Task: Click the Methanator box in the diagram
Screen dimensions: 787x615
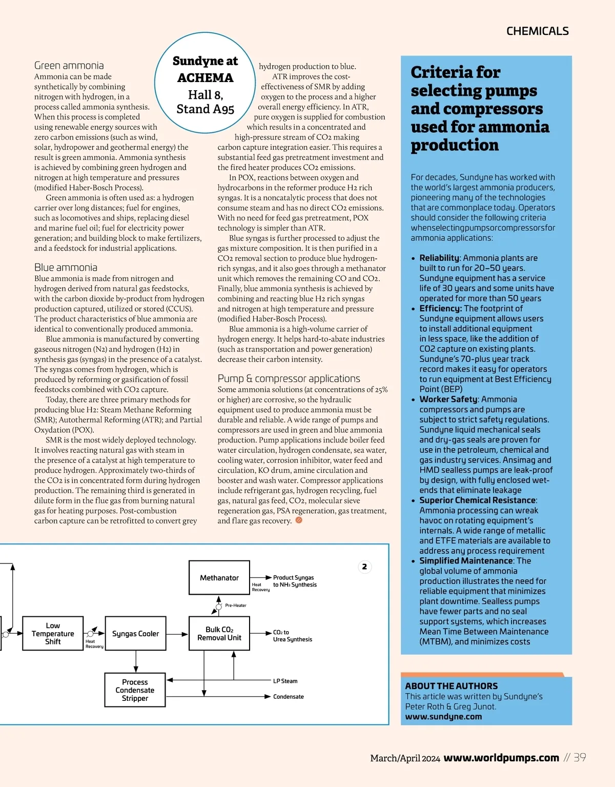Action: pos(219,578)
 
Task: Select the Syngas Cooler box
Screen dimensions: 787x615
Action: pos(135,634)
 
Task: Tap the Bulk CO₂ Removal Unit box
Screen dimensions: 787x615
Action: pos(219,634)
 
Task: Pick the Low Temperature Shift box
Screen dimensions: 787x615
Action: pos(53,634)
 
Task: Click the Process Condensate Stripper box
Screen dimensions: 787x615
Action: pos(135,690)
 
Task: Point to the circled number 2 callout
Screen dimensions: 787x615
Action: pos(364,567)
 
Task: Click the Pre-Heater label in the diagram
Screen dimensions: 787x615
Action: pos(236,606)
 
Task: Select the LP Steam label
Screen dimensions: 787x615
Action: pos(285,681)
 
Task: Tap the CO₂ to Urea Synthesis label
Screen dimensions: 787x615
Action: pos(292,636)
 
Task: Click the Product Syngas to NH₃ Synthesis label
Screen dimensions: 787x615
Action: pos(295,581)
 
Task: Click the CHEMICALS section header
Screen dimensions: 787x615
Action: pos(537,31)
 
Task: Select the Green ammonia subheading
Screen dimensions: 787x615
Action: pos(69,65)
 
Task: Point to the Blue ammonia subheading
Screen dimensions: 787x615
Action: pos(66,267)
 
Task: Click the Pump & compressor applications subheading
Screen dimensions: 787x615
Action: pos(289,378)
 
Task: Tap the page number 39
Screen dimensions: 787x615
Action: pos(580,757)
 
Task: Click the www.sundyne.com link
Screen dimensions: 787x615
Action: pos(443,716)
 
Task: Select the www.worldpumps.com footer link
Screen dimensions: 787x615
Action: pos(501,758)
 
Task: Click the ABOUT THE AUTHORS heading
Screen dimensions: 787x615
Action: pos(451,686)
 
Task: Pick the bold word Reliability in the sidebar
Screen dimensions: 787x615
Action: pos(439,258)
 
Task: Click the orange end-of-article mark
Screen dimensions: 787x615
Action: pos(299,520)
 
